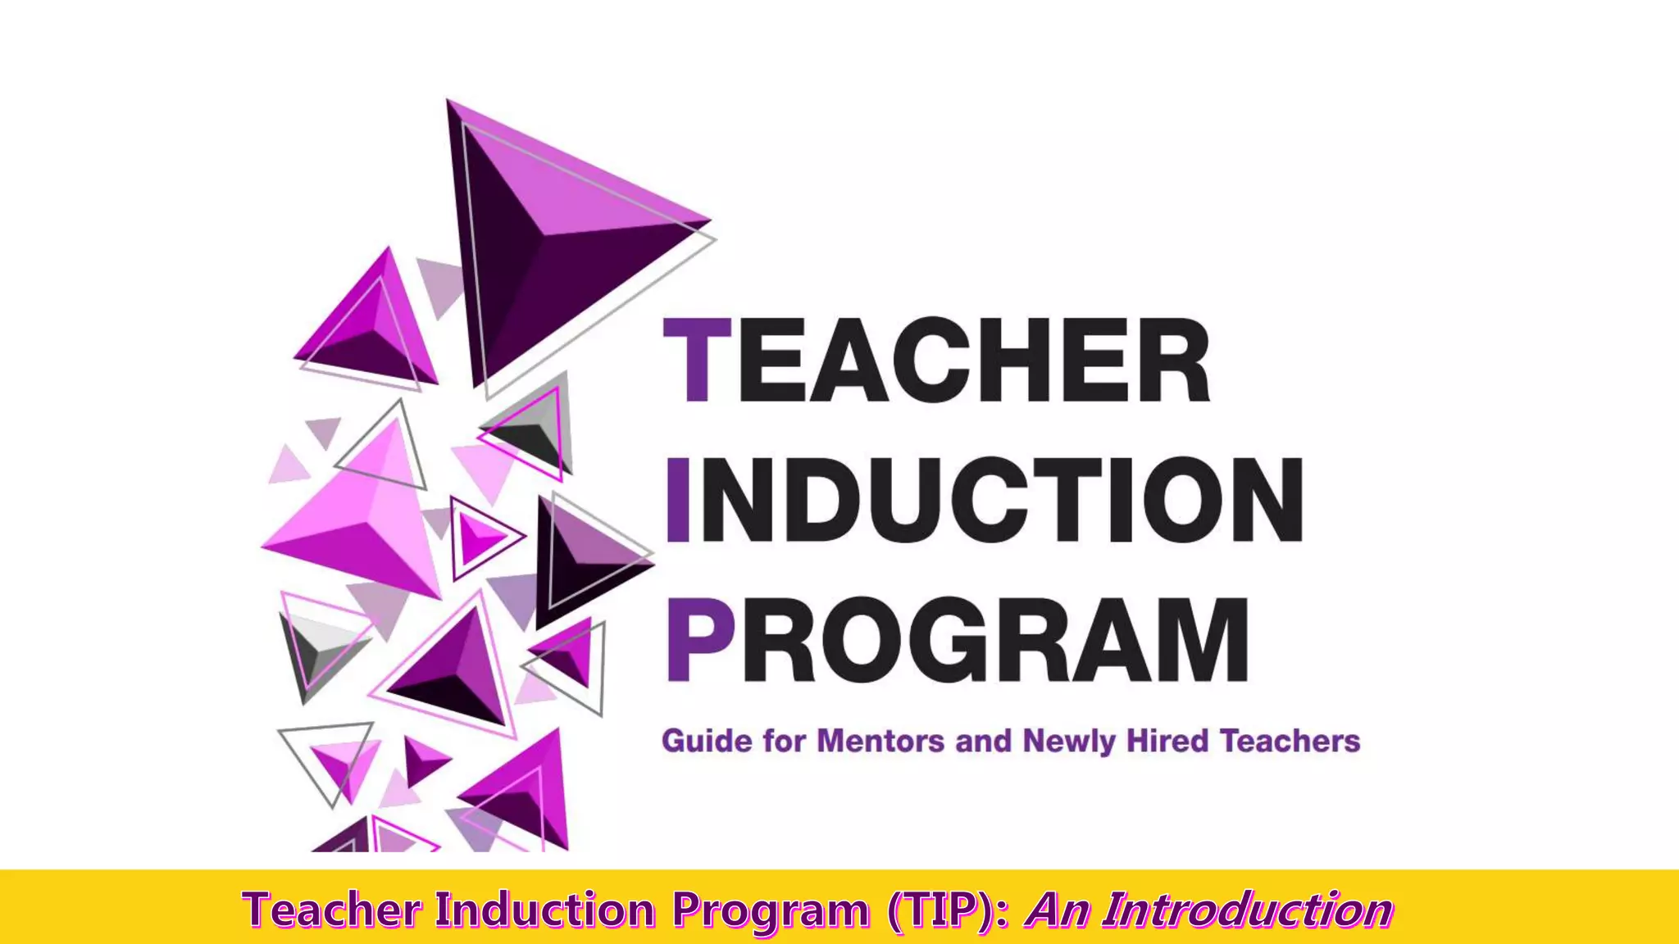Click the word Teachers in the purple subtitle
pos(1290,741)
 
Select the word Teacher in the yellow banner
pos(332,910)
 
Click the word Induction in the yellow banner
pos(545,910)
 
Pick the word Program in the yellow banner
pos(771,911)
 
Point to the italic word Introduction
pos(1247,910)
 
